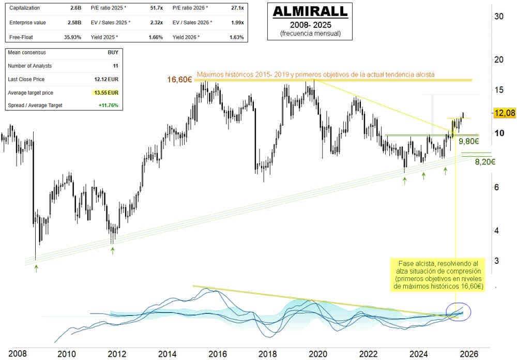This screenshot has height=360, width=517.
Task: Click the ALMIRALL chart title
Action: [x=310, y=11]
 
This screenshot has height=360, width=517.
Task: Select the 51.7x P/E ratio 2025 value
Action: [x=156, y=9]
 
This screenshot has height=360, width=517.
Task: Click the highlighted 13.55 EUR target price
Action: [x=107, y=93]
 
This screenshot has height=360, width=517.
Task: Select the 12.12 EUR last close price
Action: [x=107, y=79]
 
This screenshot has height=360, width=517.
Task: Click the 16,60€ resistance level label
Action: [x=180, y=80]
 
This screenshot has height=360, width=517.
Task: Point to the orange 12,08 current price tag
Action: [x=504, y=113]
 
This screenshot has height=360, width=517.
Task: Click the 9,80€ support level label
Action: [x=468, y=141]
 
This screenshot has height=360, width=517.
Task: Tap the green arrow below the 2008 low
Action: [x=36, y=268]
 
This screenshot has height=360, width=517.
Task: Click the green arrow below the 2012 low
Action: [x=113, y=250]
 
